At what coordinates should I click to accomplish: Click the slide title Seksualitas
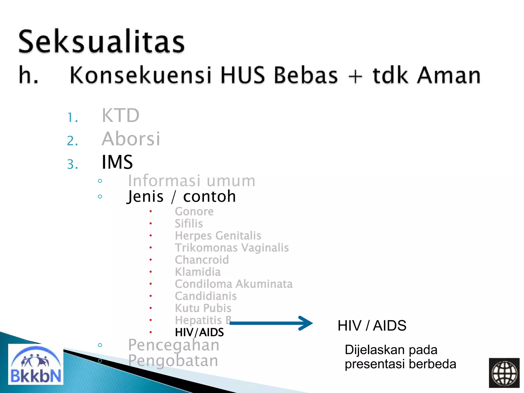coord(101,41)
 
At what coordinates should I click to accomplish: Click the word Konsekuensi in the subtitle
coord(140,75)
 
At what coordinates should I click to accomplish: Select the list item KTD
coord(121,116)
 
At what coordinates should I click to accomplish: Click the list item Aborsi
coord(131,139)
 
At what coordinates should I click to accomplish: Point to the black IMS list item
coord(117,162)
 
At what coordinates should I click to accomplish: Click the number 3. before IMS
coord(72,164)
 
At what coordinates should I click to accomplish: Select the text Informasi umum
coord(191,181)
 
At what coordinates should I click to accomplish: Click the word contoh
coord(209,196)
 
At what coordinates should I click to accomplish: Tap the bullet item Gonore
coord(194,212)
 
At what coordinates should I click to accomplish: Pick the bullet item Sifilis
coord(189,224)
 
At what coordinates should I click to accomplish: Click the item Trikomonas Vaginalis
coord(232,248)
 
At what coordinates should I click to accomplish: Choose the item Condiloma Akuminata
coord(234,284)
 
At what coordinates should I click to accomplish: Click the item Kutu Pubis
coord(203,308)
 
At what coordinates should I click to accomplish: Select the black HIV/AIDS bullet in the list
coord(199,332)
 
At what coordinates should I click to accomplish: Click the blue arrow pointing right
coord(271,323)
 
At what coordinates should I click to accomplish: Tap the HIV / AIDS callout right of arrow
coord(372,326)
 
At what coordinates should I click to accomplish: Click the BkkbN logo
coord(36,364)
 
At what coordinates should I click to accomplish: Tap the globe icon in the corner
coord(504,373)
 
